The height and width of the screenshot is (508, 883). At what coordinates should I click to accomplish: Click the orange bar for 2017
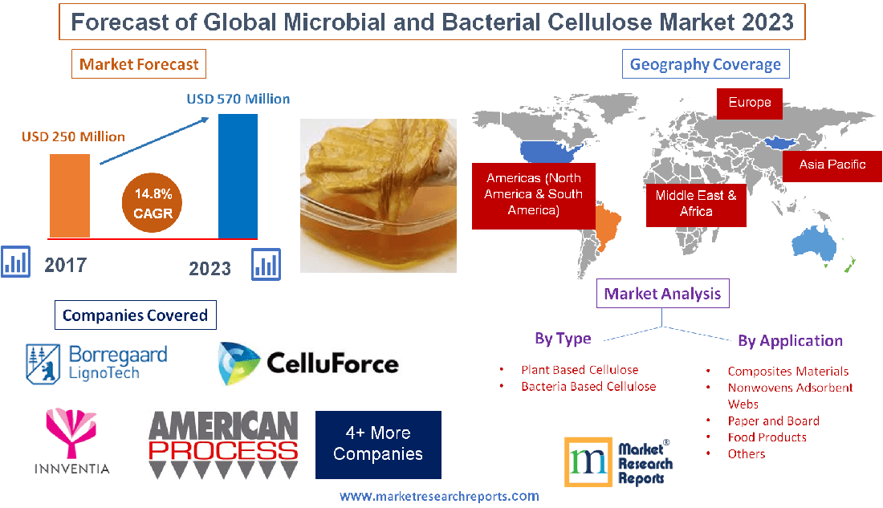[x=70, y=196]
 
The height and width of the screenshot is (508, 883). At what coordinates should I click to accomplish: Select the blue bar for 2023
[x=238, y=177]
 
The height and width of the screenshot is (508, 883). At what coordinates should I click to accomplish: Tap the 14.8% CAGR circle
[x=152, y=203]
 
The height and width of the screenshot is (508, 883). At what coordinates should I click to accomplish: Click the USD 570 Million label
[x=238, y=100]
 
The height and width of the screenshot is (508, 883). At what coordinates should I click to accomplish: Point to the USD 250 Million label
[x=73, y=137]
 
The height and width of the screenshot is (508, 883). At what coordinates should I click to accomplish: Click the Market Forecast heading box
[x=139, y=64]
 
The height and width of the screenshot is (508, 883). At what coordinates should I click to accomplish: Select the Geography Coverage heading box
[x=706, y=64]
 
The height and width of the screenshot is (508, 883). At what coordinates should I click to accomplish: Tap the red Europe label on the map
[x=750, y=103]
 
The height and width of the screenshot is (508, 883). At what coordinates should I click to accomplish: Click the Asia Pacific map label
[x=832, y=165]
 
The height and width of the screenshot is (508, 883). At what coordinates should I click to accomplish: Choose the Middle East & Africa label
[x=696, y=205]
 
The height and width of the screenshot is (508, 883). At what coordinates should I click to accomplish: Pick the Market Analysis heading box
[x=663, y=294]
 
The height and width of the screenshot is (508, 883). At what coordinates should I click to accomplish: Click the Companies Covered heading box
[x=135, y=315]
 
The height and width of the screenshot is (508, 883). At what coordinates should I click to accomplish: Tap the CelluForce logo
[x=308, y=364]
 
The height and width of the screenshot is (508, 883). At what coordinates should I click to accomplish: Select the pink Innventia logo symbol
[x=71, y=432]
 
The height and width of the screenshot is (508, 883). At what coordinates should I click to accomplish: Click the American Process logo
[x=224, y=445]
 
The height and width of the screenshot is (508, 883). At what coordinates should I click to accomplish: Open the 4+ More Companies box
[x=378, y=445]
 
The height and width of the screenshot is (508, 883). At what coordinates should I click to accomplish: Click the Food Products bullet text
[x=767, y=437]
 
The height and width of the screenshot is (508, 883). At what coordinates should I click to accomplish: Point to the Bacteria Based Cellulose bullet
[x=588, y=386]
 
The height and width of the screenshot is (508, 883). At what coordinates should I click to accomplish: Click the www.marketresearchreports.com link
[x=439, y=496]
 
